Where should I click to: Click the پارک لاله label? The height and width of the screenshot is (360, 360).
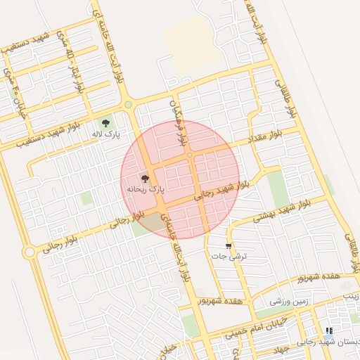[x=108, y=133]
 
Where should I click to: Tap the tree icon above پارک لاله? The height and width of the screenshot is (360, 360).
[x=107, y=122]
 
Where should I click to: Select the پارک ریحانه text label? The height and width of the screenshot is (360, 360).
[x=146, y=189]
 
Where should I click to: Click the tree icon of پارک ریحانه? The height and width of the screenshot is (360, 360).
[x=146, y=179]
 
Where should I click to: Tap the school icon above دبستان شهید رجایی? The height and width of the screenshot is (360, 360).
[x=328, y=330]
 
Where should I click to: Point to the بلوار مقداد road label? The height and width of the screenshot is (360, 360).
[x=267, y=138]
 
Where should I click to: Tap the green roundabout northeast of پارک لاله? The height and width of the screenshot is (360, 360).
[x=128, y=105]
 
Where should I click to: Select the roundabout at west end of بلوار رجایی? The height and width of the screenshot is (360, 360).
[x=29, y=252]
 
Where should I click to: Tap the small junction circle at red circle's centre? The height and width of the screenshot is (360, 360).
[x=191, y=155]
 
